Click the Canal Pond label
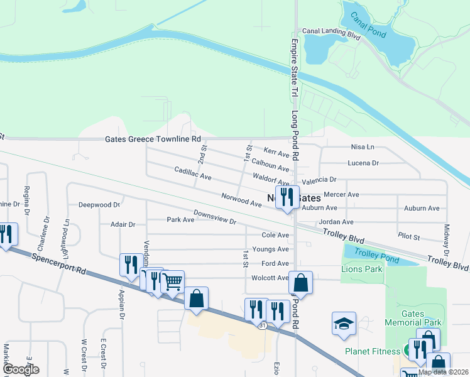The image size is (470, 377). click(x=368, y=26)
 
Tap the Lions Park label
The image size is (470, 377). click(x=361, y=269)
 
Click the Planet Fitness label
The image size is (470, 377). click(x=373, y=351)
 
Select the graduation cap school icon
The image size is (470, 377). click(x=344, y=324)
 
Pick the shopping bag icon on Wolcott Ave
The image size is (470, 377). click(x=301, y=283)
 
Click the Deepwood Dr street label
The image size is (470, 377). click(x=99, y=205)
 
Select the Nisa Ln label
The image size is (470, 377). click(x=362, y=147)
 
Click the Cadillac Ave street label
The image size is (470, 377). click(x=192, y=173)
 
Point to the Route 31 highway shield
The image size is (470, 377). click(x=261, y=325)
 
